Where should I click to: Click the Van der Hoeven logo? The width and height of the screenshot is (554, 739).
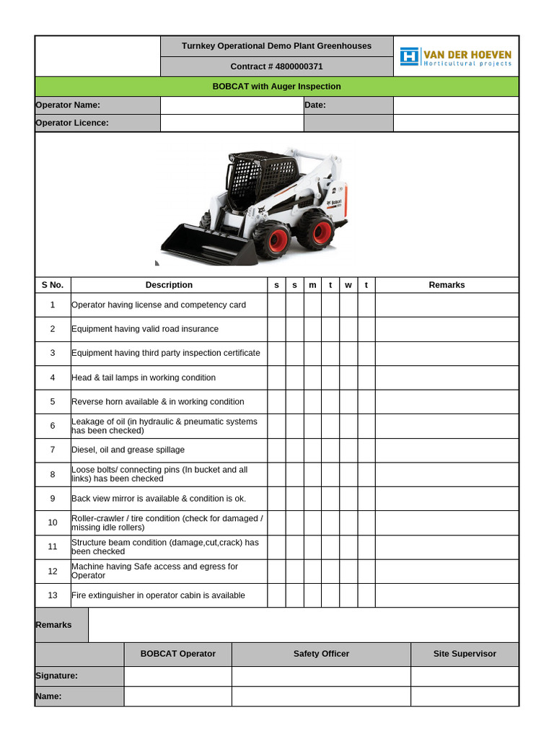tap(456, 57)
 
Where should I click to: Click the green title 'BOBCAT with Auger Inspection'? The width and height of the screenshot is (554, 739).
tap(276, 87)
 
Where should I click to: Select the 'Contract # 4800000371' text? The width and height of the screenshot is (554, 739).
tap(276, 66)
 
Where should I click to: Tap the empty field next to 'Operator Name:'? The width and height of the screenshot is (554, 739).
tap(232, 105)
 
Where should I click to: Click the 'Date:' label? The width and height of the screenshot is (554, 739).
tap(315, 105)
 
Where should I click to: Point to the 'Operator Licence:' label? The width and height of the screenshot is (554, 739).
tap(72, 123)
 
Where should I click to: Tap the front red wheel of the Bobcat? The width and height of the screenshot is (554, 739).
tap(271, 240)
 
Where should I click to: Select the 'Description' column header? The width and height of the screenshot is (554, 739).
tap(169, 285)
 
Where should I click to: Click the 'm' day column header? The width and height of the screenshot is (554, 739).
tap(312, 285)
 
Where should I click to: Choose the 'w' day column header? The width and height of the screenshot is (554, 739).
tap(348, 285)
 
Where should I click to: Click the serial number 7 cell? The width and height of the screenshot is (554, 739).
tap(53, 450)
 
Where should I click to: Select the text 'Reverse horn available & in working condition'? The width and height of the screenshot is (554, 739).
tap(157, 402)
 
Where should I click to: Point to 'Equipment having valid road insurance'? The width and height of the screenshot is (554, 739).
tap(144, 329)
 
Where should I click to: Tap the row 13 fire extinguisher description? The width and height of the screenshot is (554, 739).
tap(158, 595)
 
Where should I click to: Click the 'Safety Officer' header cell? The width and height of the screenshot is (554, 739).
tap(321, 654)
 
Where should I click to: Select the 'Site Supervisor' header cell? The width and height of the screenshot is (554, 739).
tap(465, 654)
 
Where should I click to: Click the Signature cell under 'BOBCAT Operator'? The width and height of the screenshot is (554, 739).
tap(177, 676)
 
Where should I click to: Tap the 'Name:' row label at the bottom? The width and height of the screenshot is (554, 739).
tap(49, 696)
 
